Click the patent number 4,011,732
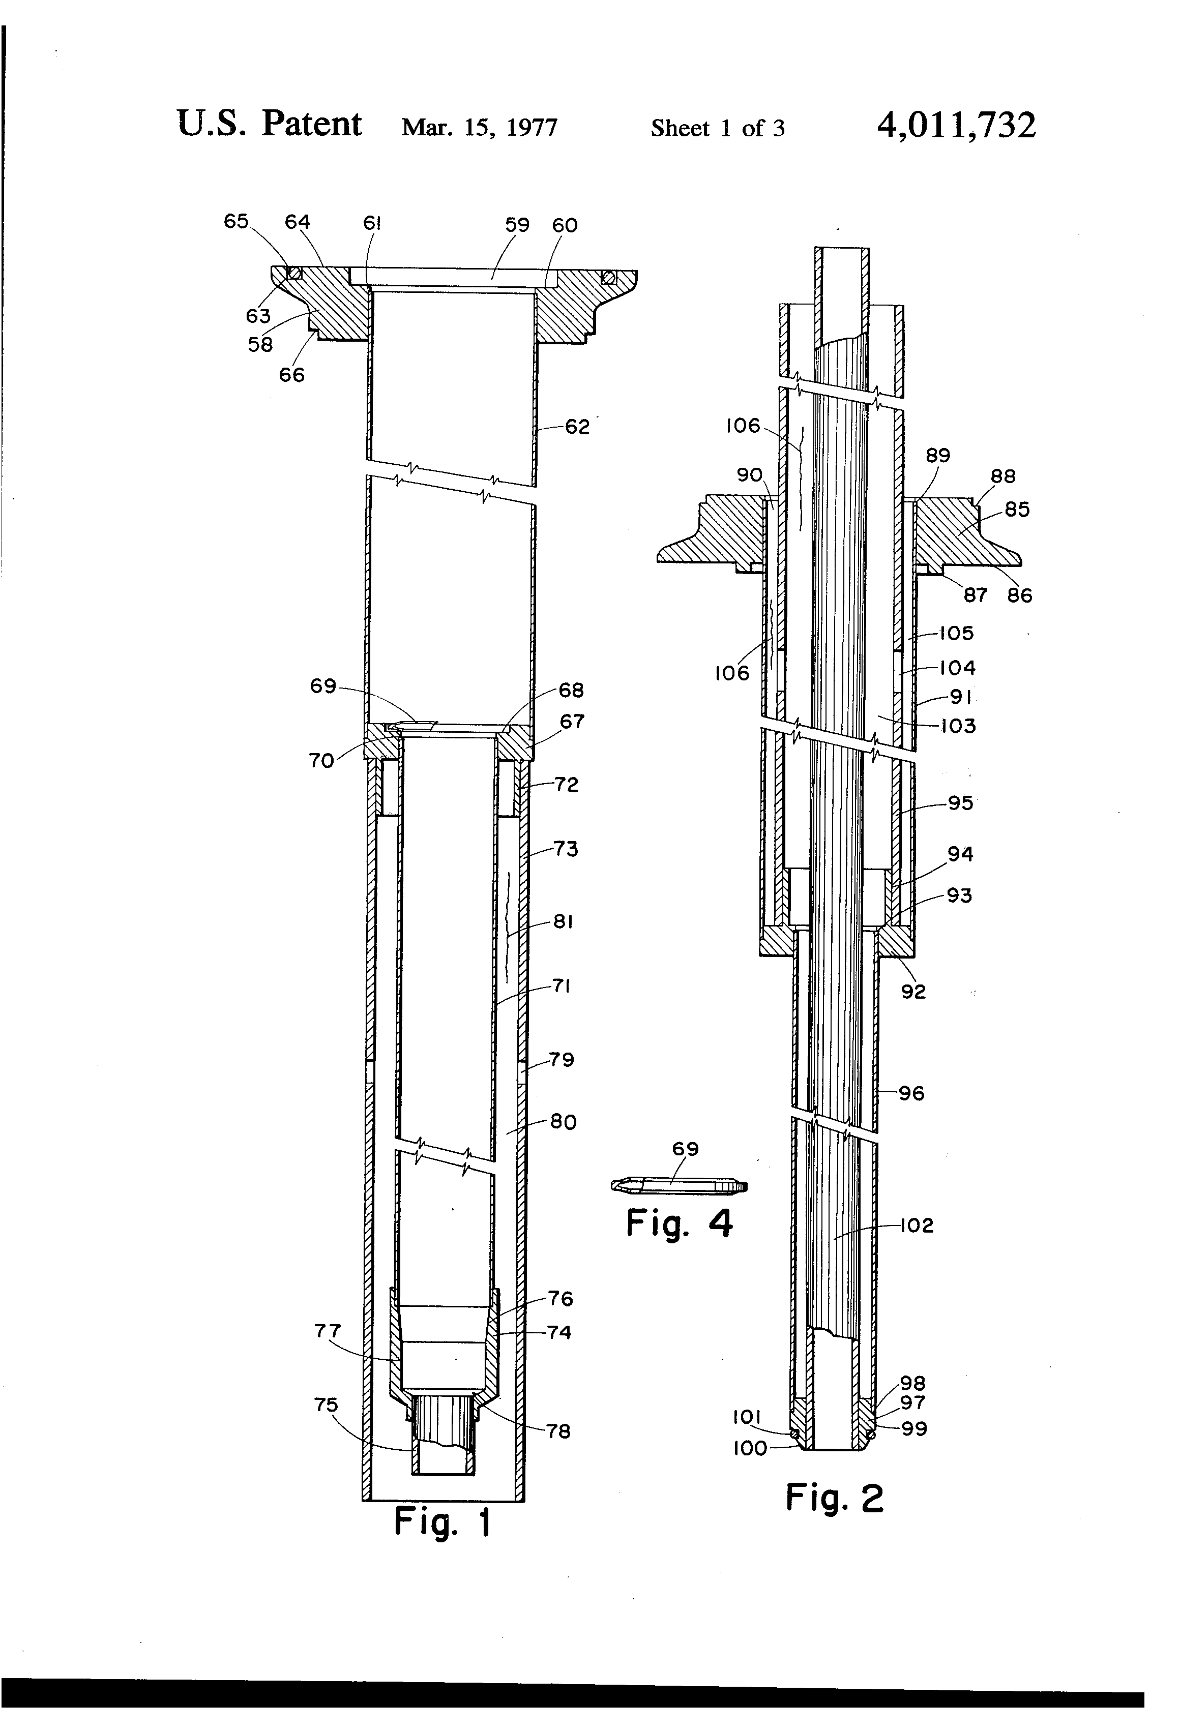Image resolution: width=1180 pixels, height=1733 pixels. [956, 125]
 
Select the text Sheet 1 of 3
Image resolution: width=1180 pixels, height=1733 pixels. [718, 128]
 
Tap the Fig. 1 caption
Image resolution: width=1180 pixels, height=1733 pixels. [442, 1522]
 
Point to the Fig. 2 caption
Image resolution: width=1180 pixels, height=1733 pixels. [834, 1498]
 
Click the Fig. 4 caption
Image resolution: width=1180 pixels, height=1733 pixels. [679, 1223]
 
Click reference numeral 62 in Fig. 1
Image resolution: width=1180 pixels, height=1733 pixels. [577, 427]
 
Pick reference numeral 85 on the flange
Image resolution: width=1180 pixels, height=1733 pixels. [1017, 510]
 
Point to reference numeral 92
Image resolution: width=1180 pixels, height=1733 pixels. [913, 991]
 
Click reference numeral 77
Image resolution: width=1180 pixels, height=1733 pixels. [328, 1331]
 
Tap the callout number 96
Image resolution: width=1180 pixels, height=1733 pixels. [911, 1093]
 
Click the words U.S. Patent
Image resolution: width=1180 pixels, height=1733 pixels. [269, 124]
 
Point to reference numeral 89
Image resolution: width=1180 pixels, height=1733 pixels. [937, 455]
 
